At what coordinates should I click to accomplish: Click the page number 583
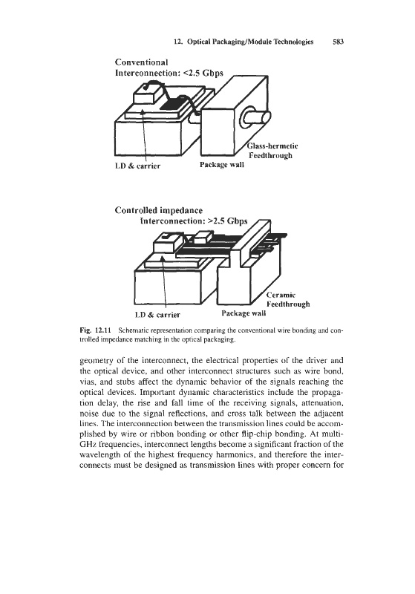[338, 42]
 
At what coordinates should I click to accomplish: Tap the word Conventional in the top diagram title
[141, 62]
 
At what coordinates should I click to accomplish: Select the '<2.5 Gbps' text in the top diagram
[203, 73]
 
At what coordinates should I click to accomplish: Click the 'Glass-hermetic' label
[272, 146]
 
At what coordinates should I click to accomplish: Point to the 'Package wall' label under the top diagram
[222, 164]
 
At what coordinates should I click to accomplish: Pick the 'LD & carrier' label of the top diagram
[137, 166]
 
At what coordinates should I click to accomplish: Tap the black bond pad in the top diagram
[175, 103]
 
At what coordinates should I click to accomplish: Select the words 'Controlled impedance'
[159, 210]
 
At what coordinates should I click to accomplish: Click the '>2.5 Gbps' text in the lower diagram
[228, 221]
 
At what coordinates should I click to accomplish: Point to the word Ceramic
[281, 295]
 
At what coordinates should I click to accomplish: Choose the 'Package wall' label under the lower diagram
[244, 313]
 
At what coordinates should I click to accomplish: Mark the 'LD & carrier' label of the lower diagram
[157, 314]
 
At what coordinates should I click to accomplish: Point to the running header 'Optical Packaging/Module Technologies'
[250, 42]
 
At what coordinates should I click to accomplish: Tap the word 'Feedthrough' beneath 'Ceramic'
[288, 304]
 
